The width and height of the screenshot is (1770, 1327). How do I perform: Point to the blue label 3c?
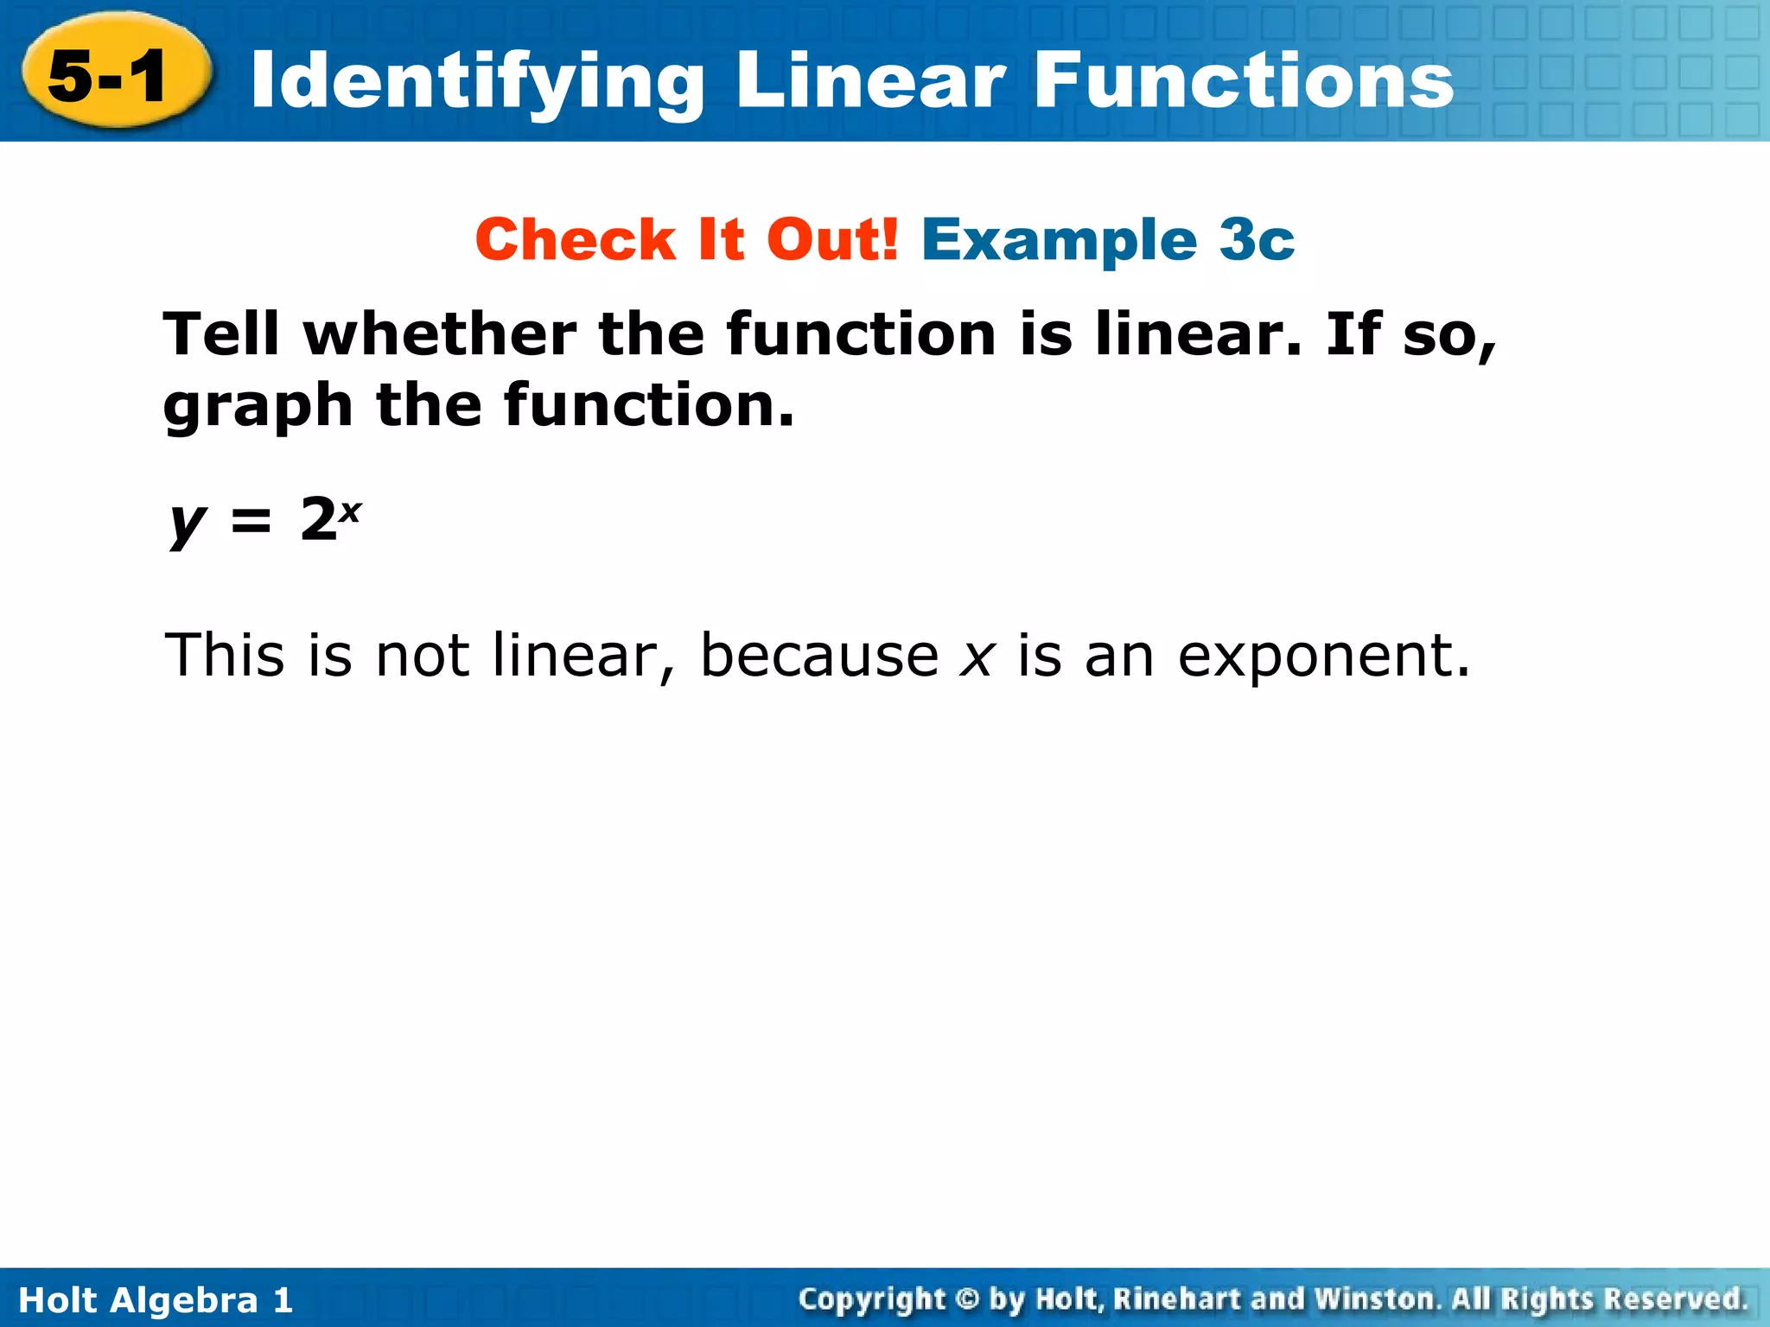pos(1257,239)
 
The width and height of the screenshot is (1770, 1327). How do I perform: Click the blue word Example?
pos(1060,239)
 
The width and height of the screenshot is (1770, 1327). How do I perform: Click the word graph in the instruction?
pos(258,406)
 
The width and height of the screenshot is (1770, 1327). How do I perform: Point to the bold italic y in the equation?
pos(187,522)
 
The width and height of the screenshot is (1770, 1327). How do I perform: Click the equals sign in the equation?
pos(251,522)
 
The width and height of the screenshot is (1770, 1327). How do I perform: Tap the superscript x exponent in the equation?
pos(349,511)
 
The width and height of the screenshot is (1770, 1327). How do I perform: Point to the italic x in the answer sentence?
pos(977,657)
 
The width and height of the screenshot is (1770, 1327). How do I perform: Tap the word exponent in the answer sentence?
pos(1323,657)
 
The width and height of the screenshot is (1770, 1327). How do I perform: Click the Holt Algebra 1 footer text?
pos(156,1299)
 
